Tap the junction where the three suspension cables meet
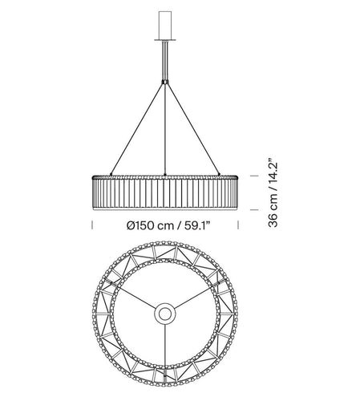click(166, 82)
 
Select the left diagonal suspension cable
click(136, 128)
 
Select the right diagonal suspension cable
click(195, 128)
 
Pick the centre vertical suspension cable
click(166, 128)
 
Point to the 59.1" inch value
click(198, 225)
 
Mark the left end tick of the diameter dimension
click(90, 225)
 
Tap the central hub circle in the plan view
click(166, 312)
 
